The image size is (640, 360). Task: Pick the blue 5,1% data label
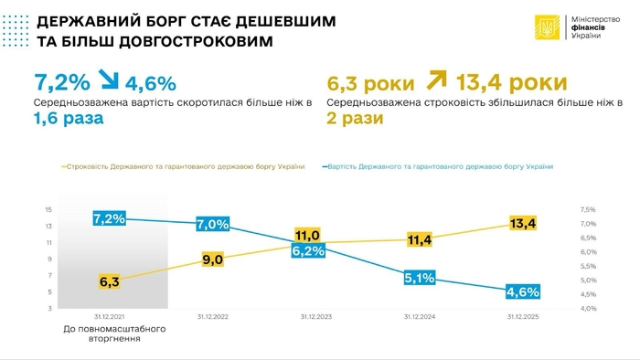coord(419,278)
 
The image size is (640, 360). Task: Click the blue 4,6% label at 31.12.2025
coord(522,292)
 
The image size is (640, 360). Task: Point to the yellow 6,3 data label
coord(109,282)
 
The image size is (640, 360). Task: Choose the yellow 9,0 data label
coord(212,259)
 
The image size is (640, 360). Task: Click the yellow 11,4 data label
coord(419,239)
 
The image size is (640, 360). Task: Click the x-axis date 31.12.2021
coord(108,316)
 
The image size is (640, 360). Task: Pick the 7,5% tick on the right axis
coord(588,209)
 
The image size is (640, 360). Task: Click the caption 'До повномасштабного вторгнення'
coord(108,332)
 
